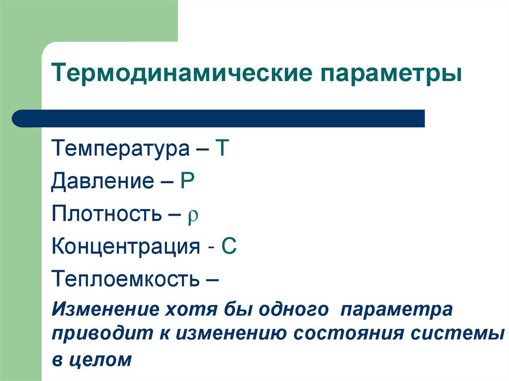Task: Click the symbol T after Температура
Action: coord(221,149)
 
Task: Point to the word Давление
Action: coord(102,182)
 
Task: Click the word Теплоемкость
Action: coord(125,279)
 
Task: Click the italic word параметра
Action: coord(396,309)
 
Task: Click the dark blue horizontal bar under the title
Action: coord(219,119)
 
